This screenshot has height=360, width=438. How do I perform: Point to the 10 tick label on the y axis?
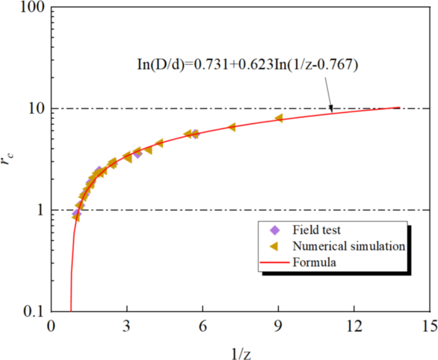[x=34, y=109]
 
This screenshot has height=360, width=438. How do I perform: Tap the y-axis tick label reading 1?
[x=38, y=210]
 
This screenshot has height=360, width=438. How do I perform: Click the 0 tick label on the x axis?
[x=51, y=325]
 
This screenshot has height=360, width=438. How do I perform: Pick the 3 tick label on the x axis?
[x=127, y=325]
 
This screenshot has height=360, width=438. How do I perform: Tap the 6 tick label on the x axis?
[x=203, y=325]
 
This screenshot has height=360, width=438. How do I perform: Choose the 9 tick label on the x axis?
[x=278, y=325]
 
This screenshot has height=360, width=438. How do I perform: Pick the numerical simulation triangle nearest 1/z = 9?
[x=279, y=118]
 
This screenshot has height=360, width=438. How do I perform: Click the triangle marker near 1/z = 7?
[x=231, y=127]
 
